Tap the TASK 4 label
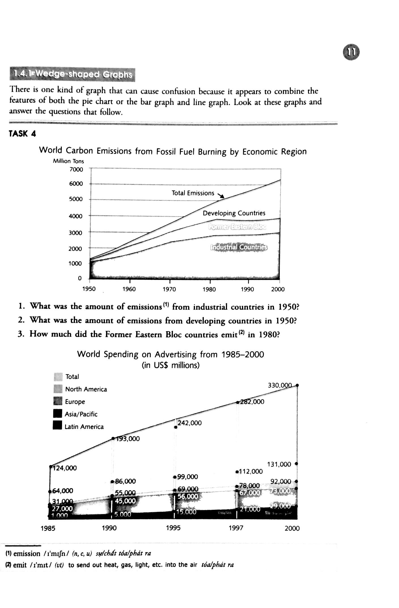point(22,134)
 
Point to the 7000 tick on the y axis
point(76,170)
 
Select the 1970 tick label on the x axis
point(169,289)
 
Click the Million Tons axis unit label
point(68,161)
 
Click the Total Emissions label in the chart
point(193,193)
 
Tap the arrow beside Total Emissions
point(221,196)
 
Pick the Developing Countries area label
point(234,213)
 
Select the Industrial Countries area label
point(239,247)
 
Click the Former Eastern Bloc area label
point(237,227)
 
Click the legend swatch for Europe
point(58,402)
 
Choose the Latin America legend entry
point(84,427)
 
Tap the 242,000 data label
point(190,423)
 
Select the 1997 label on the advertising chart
point(236,528)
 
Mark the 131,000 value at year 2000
point(279,464)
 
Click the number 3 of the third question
point(20,334)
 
